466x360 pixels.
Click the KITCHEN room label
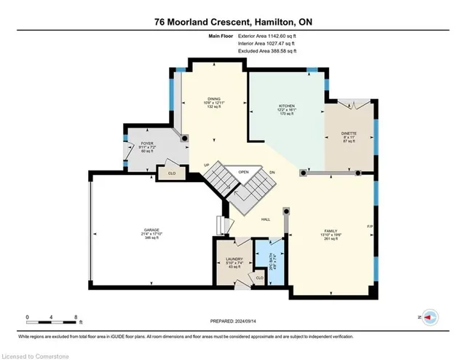click(x=286, y=106)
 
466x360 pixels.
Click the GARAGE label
click(x=151, y=230)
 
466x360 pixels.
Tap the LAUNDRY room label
click(x=234, y=259)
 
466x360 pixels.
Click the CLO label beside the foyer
click(x=172, y=173)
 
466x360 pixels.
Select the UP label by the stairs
click(x=207, y=165)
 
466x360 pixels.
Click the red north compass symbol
click(x=430, y=318)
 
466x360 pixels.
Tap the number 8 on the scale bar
click(x=76, y=316)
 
